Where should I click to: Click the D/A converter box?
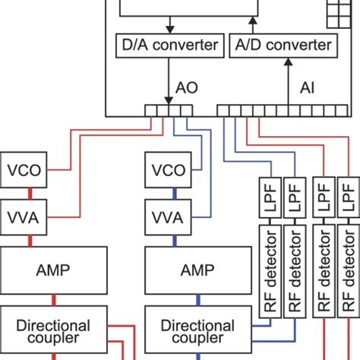coord(170,45)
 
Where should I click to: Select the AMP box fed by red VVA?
coord(52,270)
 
